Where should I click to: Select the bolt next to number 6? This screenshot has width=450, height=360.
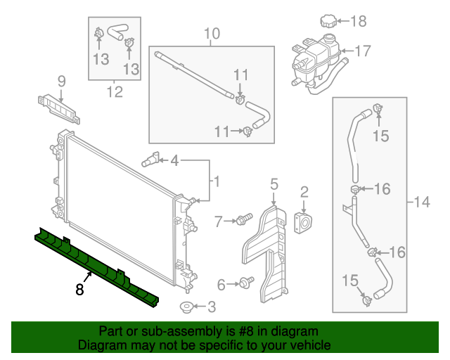pyautogui.click(x=245, y=283)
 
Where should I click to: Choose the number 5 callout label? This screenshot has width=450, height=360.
pyautogui.click(x=274, y=184)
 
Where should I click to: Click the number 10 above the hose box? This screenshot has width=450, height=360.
pyautogui.click(x=212, y=33)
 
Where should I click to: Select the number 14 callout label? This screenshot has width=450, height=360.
pyautogui.click(x=421, y=203)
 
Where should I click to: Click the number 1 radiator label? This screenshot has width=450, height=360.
pyautogui.click(x=217, y=182)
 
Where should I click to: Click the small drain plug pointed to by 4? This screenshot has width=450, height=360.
pyautogui.click(x=150, y=160)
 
